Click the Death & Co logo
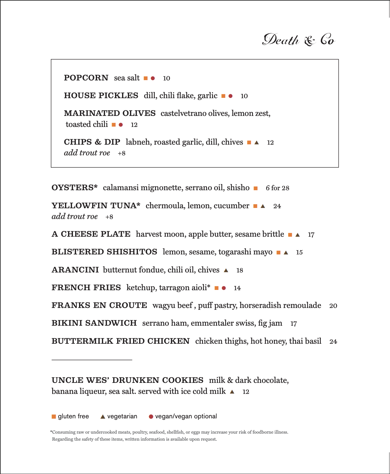click(x=299, y=40)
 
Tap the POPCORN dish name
click(x=86, y=78)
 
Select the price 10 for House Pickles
click(x=244, y=96)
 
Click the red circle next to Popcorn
click(x=153, y=78)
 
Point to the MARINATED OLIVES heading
click(x=110, y=113)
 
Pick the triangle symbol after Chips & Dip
click(x=257, y=143)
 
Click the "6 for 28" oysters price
click(x=277, y=188)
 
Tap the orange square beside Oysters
click(x=256, y=188)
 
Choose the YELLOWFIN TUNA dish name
click(x=96, y=206)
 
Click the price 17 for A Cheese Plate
click(x=311, y=235)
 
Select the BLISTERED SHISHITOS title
click(x=104, y=252)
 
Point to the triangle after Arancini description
click(x=226, y=270)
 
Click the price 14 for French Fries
click(x=237, y=288)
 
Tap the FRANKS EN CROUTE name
click(x=99, y=305)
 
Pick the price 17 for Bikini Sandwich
click(x=294, y=324)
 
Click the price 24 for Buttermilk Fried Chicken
click(x=333, y=342)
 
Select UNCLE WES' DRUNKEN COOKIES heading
click(x=127, y=380)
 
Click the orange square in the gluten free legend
click(x=54, y=417)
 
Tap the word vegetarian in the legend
click(x=122, y=416)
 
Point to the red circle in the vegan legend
click(x=151, y=417)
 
